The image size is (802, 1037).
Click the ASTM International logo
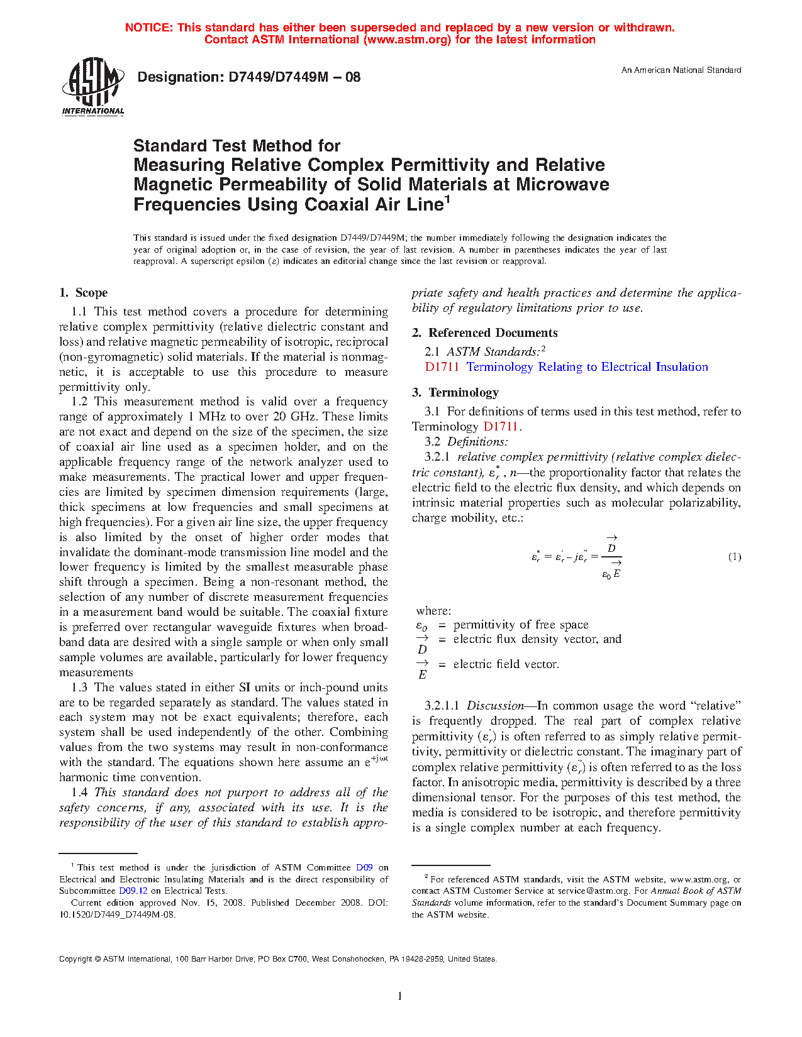(92, 86)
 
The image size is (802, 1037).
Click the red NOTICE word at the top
(148, 28)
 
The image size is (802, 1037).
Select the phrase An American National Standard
(681, 70)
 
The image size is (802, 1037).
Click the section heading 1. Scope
(84, 293)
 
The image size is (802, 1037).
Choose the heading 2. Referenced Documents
(485, 333)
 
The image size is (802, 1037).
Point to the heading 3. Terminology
(455, 393)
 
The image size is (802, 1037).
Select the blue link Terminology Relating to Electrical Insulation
(587, 367)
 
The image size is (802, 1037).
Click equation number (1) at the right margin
(734, 557)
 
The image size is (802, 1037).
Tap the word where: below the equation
(433, 611)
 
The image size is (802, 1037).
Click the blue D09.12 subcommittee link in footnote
(133, 891)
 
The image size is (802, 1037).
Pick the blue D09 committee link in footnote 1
(364, 867)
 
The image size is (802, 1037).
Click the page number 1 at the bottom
(400, 996)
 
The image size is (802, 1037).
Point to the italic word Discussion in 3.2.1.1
(495, 706)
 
